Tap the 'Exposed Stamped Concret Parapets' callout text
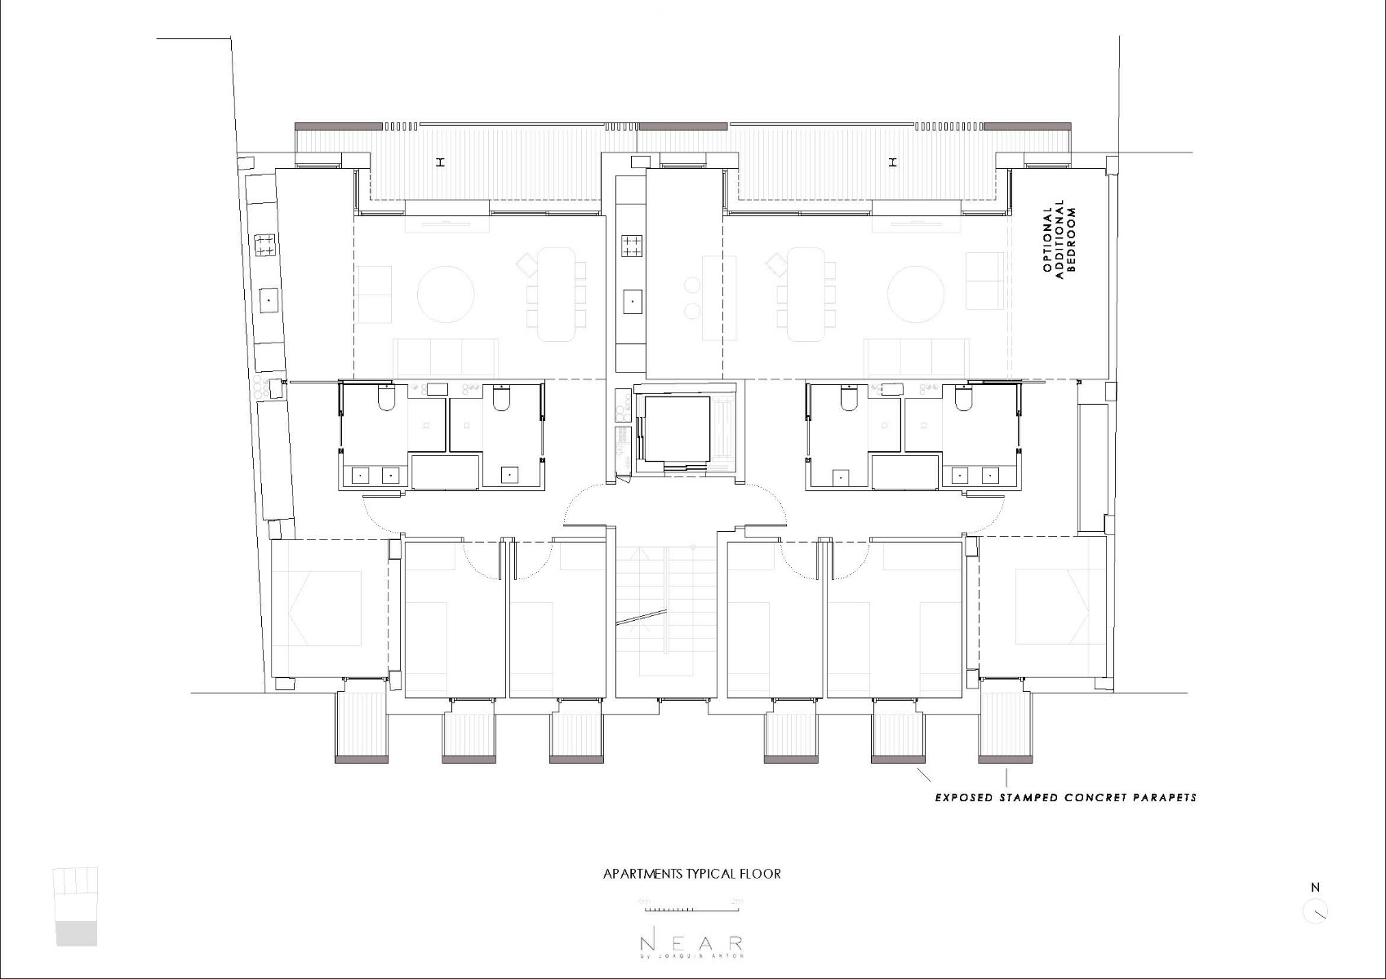click(1065, 797)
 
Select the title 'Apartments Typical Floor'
click(691, 874)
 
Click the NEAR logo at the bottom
click(691, 944)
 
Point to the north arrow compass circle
click(1315, 911)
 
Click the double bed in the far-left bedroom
click(323, 609)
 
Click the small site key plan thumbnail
click(76, 906)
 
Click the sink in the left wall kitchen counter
click(268, 300)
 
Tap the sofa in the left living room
click(446, 357)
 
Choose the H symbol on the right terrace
click(893, 162)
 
